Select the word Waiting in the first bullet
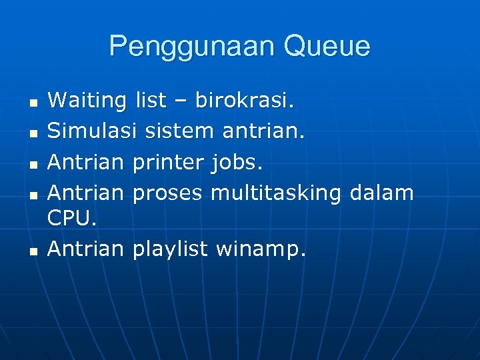click(87, 101)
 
